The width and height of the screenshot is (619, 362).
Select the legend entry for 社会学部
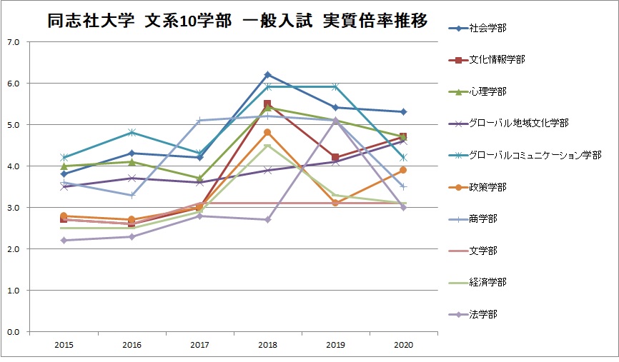coord(477,28)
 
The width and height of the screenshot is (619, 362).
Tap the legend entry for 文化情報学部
coord(487,59)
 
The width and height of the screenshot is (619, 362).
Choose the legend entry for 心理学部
coord(477,91)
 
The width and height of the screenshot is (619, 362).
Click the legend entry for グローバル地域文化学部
coord(509,123)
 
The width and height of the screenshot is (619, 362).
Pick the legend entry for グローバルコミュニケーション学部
coord(525,155)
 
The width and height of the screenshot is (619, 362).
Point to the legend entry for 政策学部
coord(477,187)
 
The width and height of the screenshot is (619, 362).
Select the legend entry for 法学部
coord(473,314)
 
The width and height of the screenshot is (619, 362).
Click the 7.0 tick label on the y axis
coord(14,42)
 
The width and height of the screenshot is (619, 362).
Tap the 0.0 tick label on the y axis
coord(14,332)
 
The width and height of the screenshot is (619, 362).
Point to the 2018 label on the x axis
coord(267,345)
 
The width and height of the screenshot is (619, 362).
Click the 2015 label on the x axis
coord(64,345)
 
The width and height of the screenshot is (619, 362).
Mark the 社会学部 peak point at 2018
coord(267,74)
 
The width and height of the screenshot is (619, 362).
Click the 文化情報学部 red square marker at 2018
coord(267,104)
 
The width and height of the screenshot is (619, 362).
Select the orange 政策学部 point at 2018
coord(267,133)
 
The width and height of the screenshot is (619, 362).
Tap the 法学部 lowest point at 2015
coord(64,240)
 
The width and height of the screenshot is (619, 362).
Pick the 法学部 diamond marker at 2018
coord(267,220)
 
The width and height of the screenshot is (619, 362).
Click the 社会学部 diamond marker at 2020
coord(403,112)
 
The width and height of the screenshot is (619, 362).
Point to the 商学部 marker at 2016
coord(132,195)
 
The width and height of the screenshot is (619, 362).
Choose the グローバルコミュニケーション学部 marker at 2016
coord(132,133)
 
